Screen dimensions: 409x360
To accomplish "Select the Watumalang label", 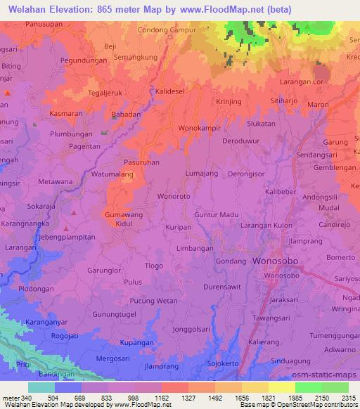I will click(x=112, y=172).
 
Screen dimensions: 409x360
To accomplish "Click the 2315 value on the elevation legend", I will click(x=345, y=398).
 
